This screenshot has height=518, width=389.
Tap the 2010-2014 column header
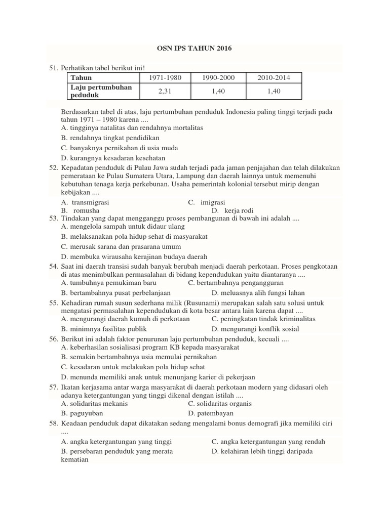(273, 77)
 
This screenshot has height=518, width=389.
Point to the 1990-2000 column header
(217, 77)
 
